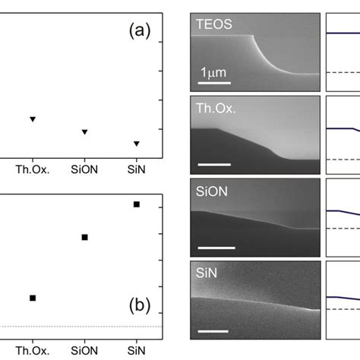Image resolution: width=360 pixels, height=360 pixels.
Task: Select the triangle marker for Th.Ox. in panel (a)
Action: tap(33, 119)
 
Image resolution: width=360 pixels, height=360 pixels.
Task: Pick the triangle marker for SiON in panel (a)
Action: tap(85, 132)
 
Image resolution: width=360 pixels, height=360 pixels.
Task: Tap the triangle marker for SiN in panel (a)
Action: tap(137, 144)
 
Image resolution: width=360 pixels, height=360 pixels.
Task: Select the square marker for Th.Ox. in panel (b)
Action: tap(33, 298)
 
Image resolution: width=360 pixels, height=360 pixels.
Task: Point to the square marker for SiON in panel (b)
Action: tap(85, 237)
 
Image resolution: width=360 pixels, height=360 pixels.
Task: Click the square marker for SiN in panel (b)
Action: tap(137, 204)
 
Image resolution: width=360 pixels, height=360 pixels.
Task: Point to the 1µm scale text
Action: tap(214, 72)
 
